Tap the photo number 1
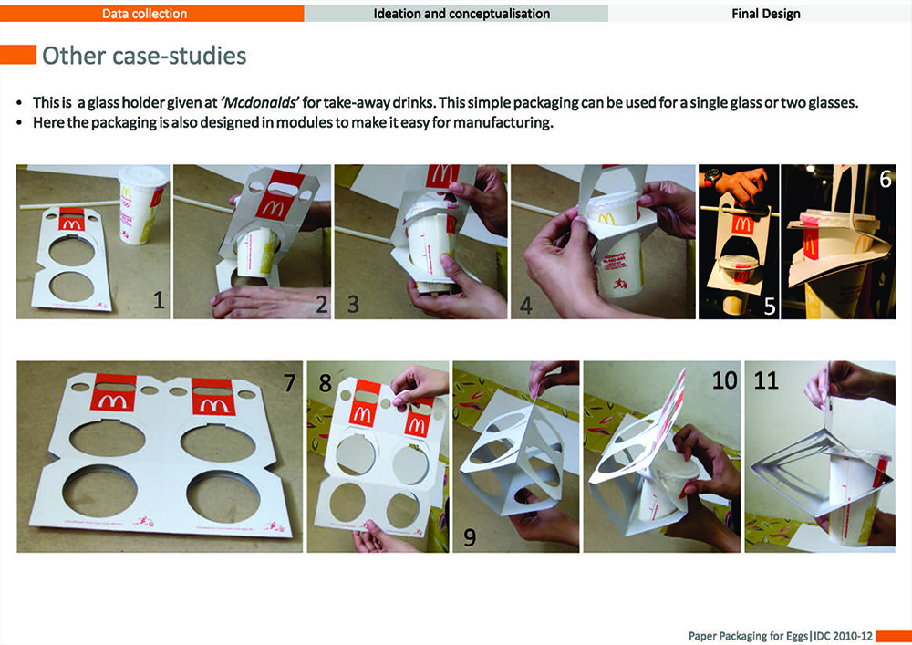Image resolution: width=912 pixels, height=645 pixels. [x=158, y=300]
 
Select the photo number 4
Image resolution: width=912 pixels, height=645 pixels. [x=526, y=306]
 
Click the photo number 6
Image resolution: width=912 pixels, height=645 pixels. [x=885, y=179]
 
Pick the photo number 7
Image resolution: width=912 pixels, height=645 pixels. [x=289, y=382]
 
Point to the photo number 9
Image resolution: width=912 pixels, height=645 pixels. [x=470, y=537]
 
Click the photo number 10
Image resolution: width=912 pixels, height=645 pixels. [x=724, y=380]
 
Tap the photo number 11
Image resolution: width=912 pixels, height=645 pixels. [x=766, y=380]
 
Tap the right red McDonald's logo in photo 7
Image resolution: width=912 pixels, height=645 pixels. [x=213, y=397]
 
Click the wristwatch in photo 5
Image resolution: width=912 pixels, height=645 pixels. [x=712, y=177]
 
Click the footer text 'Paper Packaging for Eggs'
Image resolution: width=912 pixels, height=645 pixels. [x=748, y=636]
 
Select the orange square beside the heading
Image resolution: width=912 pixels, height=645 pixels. [x=18, y=55]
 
